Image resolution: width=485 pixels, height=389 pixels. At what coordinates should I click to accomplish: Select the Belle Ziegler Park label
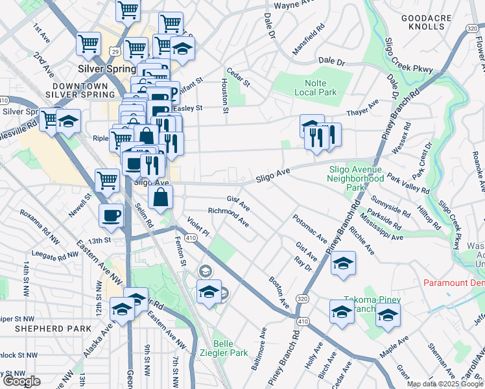[231, 349]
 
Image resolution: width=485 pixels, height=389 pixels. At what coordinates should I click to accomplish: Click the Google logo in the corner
[21, 382]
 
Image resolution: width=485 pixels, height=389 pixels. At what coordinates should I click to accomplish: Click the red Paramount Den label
[453, 283]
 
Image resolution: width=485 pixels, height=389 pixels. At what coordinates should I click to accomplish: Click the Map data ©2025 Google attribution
[445, 384]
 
